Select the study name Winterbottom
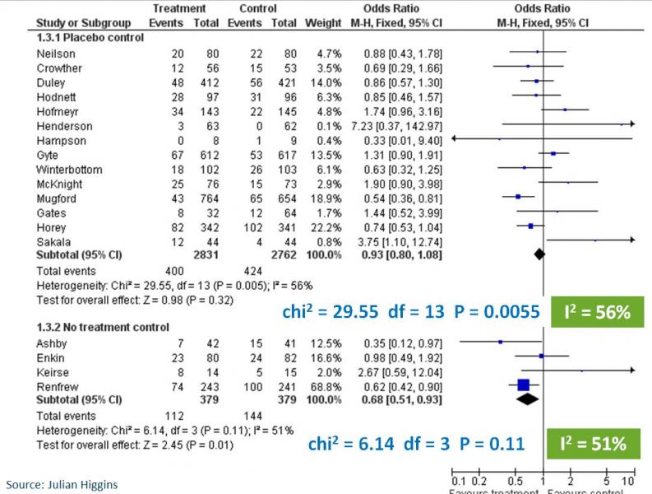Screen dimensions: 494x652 coord(65,170)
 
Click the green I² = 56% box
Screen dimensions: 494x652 coord(595,312)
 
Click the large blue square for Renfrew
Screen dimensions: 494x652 coord(523,384)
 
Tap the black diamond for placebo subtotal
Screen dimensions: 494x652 coord(539,255)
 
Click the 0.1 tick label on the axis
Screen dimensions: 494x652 coord(458,480)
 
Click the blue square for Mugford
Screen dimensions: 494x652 coord(518,198)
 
